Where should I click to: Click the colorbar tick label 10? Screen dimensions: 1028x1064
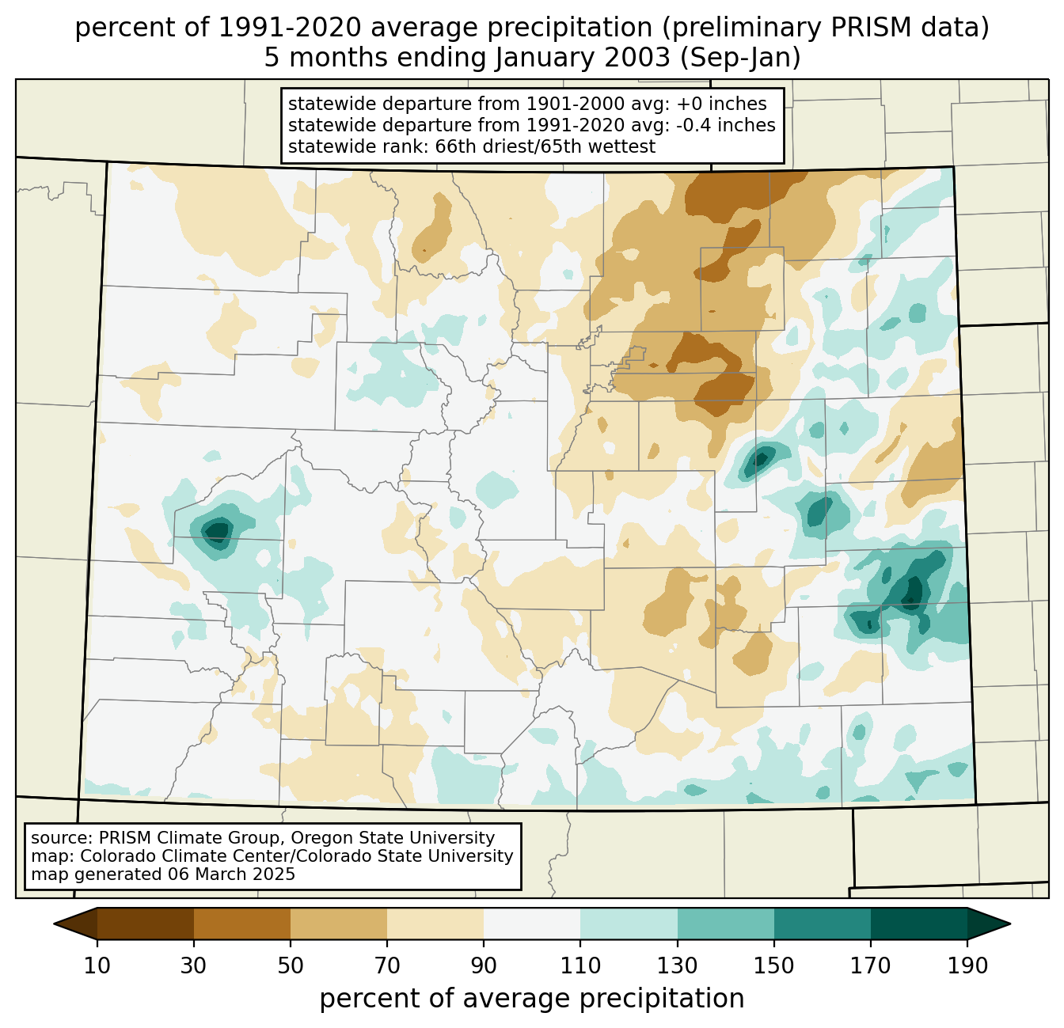[97, 965]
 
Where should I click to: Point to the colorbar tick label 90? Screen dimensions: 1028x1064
[484, 965]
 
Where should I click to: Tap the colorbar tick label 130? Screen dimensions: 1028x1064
[678, 965]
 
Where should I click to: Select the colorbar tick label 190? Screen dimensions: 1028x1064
[967, 965]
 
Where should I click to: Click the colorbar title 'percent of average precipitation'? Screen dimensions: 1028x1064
[532, 999]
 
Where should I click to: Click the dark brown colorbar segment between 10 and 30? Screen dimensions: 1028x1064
[146, 924]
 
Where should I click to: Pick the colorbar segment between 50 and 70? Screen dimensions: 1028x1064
[339, 924]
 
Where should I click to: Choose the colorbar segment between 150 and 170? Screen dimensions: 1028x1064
[823, 924]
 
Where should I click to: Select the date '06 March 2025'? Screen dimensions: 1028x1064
[231, 874]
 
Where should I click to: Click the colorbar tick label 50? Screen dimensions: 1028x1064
[291, 965]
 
